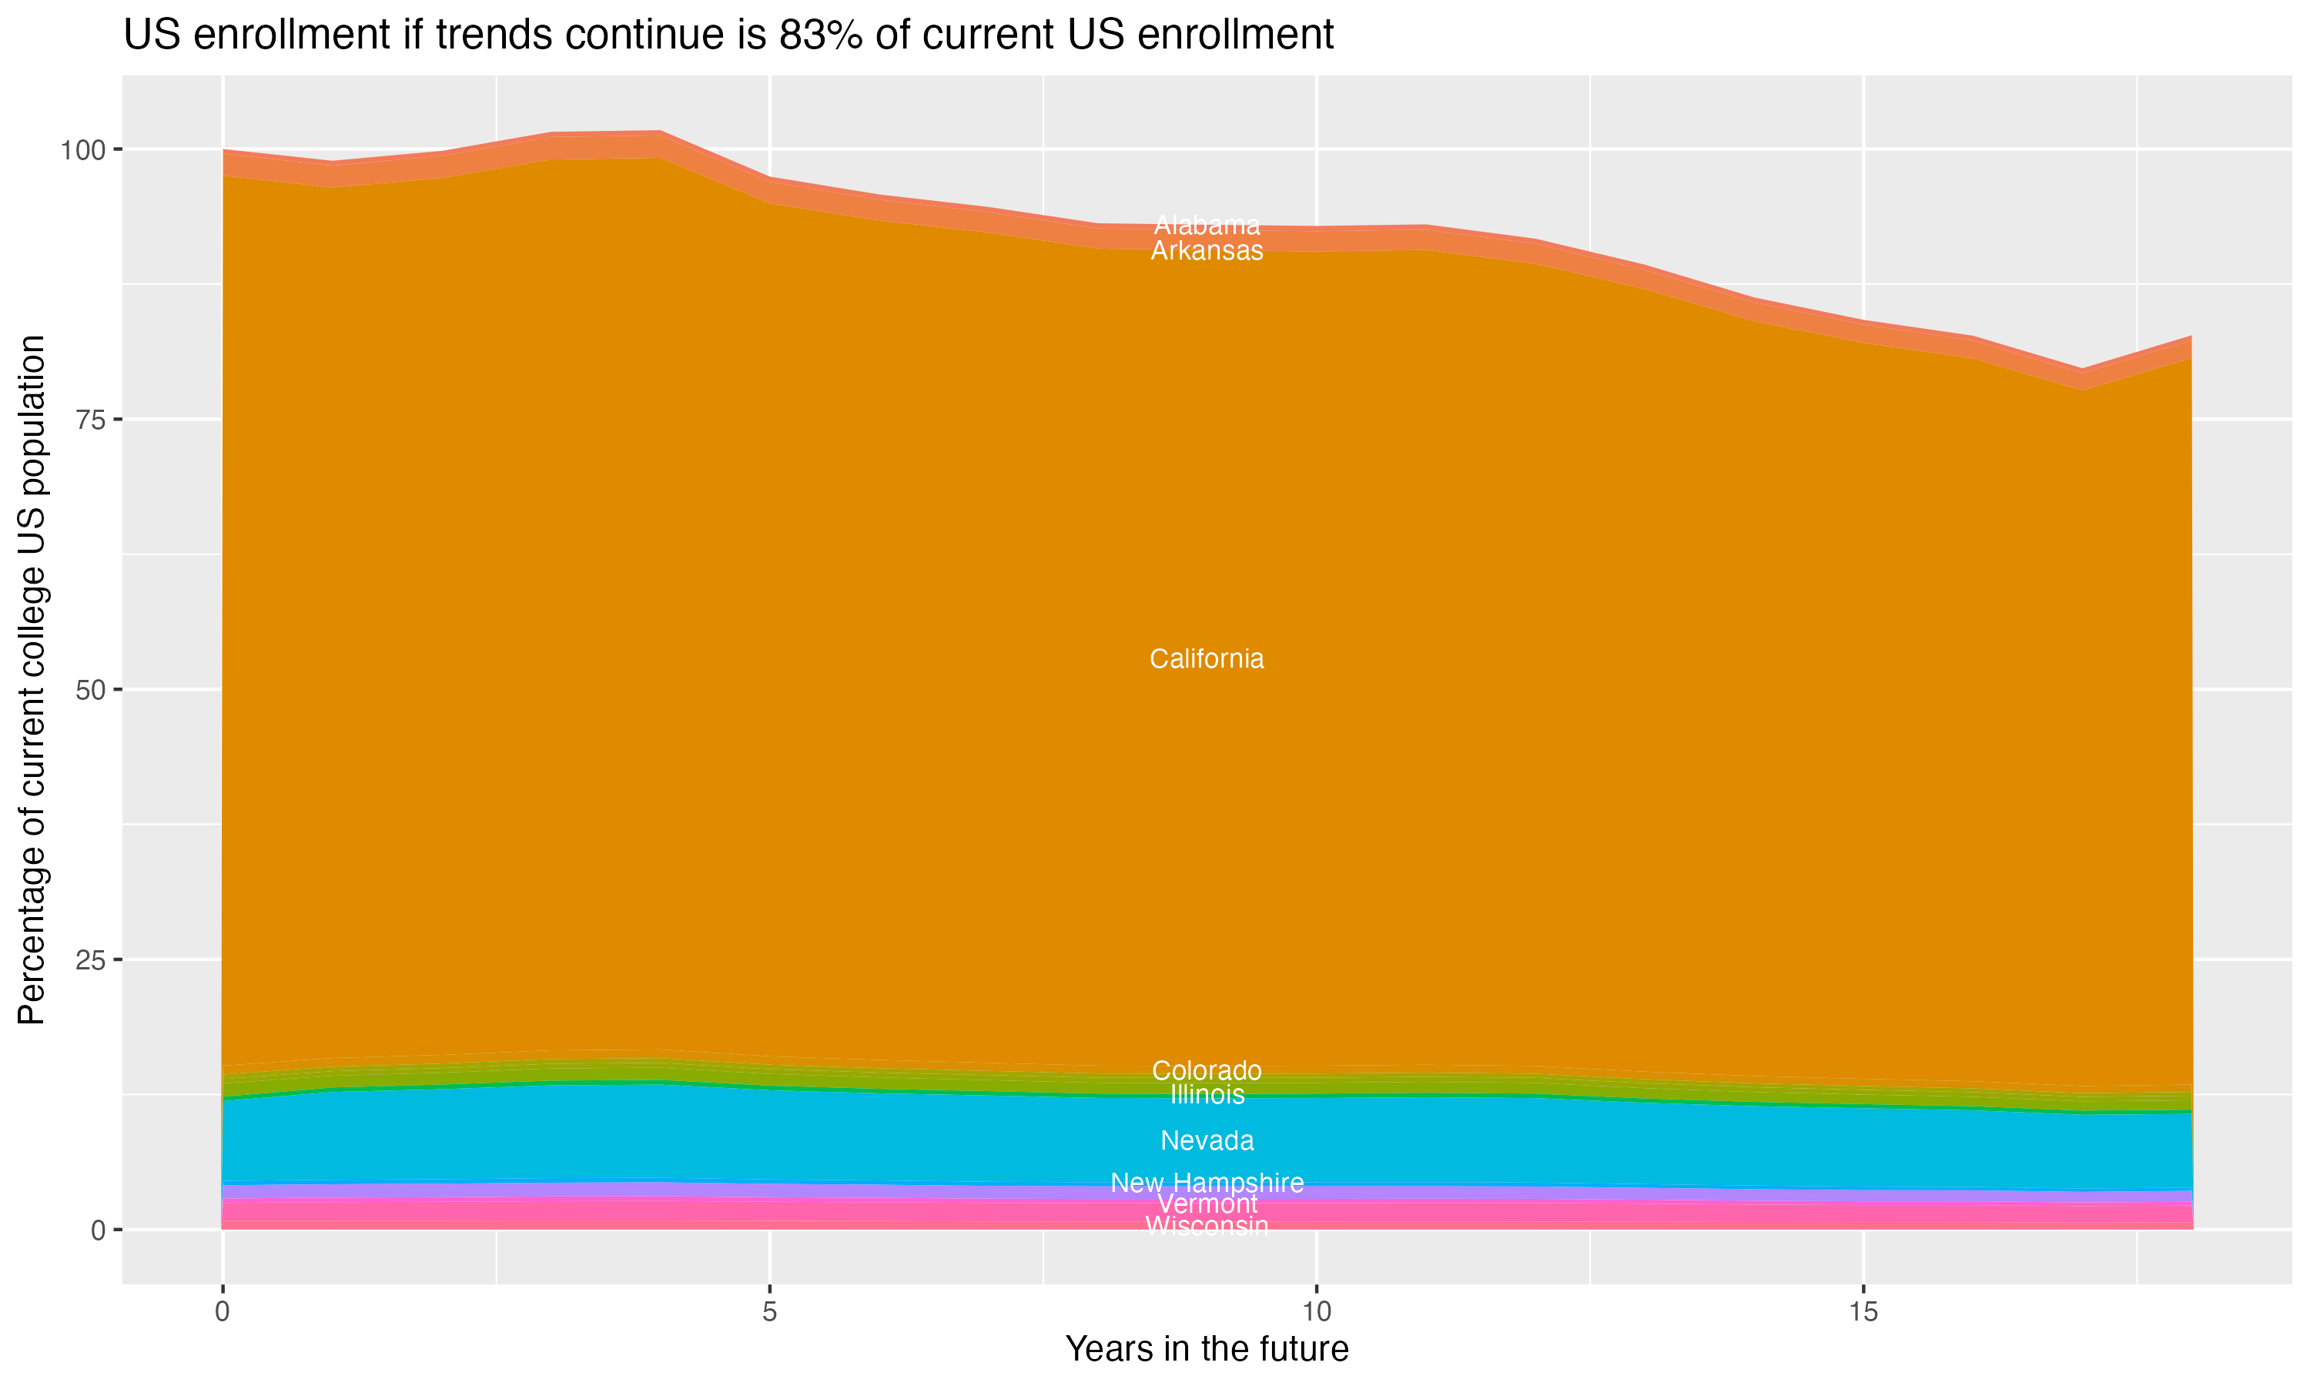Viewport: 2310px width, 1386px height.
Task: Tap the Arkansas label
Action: point(1207,251)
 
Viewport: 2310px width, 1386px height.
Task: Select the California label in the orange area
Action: point(1207,659)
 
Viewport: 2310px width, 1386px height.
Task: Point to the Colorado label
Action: point(1207,1070)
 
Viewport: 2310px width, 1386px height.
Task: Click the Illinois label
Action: point(1207,1095)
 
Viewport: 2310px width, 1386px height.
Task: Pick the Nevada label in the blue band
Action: point(1207,1140)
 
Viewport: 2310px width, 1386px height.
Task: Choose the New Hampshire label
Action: point(1207,1183)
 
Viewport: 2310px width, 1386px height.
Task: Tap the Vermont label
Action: point(1207,1205)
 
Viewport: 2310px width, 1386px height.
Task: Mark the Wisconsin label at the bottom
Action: point(1207,1227)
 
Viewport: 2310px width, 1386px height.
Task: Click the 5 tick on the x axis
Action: point(769,1312)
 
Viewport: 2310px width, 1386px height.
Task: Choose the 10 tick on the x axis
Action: point(1316,1312)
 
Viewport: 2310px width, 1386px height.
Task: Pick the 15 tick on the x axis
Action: point(1863,1312)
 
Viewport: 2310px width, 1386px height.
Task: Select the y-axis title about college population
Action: point(32,680)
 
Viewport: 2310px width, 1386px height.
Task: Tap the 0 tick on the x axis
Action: point(223,1312)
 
